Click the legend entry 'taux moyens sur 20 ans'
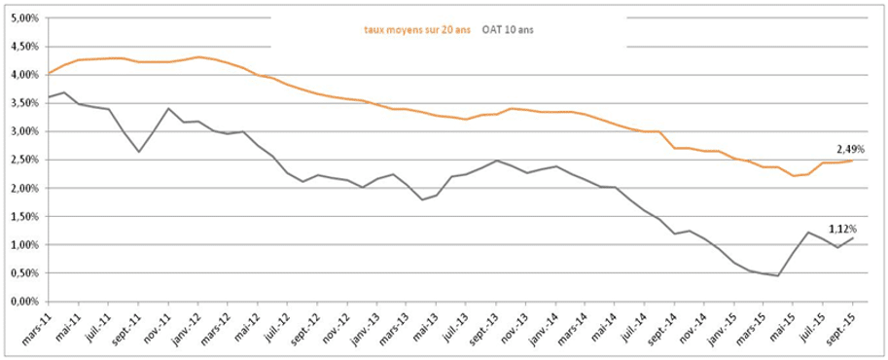coord(417,29)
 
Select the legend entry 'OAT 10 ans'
coord(508,29)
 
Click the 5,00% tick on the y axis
coord(22,18)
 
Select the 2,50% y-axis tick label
coord(22,160)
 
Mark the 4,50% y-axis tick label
coord(22,46)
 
